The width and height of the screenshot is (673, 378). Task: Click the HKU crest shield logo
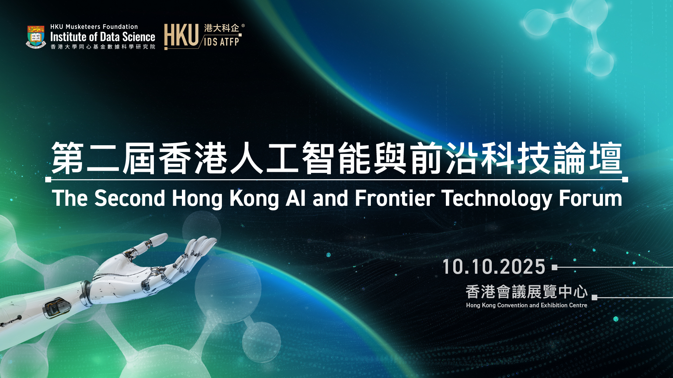click(x=36, y=36)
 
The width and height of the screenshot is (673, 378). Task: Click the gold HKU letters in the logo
click(x=181, y=35)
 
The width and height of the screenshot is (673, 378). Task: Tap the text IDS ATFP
click(x=222, y=42)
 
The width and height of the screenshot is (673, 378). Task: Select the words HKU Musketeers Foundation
click(x=94, y=27)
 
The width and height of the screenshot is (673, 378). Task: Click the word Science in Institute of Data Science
click(x=138, y=37)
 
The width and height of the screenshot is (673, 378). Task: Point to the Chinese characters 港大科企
click(x=222, y=28)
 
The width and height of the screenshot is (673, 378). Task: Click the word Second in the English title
click(x=130, y=198)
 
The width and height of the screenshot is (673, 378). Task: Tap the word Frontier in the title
click(x=395, y=198)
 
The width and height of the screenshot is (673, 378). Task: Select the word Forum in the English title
click(x=590, y=198)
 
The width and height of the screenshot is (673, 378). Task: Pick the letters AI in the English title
click(x=295, y=198)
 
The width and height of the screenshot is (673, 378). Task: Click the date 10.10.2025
click(x=494, y=267)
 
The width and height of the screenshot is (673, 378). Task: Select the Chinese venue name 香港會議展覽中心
click(x=526, y=292)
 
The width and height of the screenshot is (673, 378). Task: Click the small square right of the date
click(x=555, y=267)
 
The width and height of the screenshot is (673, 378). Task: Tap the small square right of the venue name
click(x=594, y=297)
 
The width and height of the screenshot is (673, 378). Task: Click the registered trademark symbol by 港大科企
click(x=243, y=26)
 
